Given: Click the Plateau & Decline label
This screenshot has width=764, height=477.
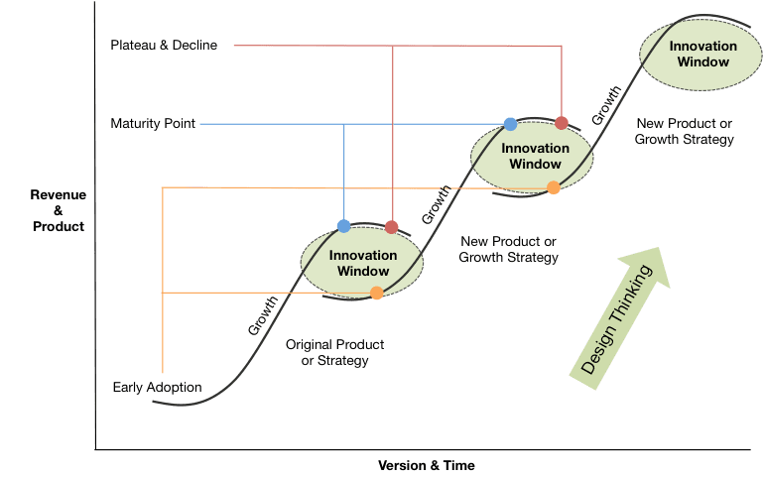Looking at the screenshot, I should tap(164, 45).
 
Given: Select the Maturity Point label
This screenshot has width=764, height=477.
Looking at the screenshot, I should tap(154, 124).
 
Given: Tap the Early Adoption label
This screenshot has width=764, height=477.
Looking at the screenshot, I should tap(159, 387).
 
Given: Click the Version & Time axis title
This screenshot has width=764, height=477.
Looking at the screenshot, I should tap(427, 464).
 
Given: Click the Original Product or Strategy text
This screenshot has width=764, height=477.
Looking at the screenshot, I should tap(334, 352).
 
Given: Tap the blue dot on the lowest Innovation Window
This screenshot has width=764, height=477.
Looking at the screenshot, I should tap(344, 226).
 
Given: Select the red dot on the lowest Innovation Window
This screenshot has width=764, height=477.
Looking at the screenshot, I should tap(392, 227).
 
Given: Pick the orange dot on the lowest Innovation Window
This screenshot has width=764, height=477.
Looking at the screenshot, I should tap(376, 293).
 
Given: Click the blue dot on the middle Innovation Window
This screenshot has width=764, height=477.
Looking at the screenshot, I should tap(510, 124).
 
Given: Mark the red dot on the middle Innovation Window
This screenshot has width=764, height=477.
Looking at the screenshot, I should tap(562, 123).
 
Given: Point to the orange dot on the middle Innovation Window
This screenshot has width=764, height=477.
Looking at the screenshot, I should tap(554, 187).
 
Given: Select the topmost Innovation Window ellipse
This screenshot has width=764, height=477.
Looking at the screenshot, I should tap(702, 54).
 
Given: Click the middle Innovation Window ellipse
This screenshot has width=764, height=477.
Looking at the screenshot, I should tap(535, 156).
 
